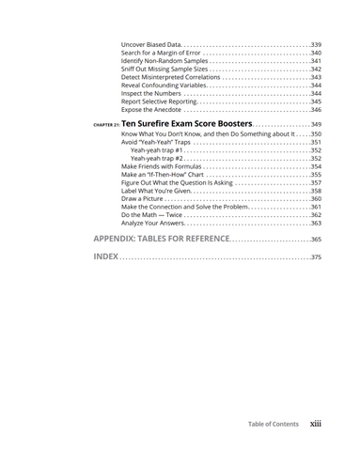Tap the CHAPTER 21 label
click(x=106, y=125)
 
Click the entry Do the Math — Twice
click(x=151, y=215)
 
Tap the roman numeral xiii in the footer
click(x=317, y=424)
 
